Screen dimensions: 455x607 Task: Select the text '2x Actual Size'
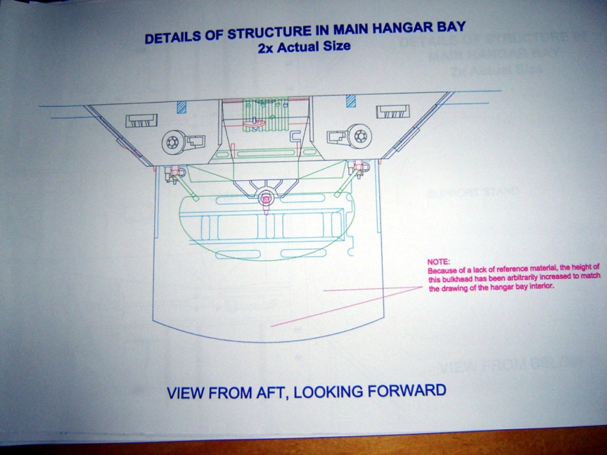(304, 46)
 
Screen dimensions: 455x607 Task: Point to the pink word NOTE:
(439, 261)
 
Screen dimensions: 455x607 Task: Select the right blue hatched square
(350, 101)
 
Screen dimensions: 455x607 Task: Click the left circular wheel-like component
(172, 142)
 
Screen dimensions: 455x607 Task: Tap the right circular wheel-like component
(359, 136)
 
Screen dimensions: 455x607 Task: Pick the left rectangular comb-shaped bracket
(141, 120)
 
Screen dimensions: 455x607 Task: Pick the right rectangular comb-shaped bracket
(392, 111)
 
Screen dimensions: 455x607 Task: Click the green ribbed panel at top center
(266, 114)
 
